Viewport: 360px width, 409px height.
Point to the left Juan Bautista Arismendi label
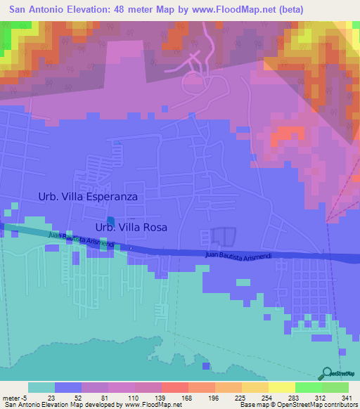79,240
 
